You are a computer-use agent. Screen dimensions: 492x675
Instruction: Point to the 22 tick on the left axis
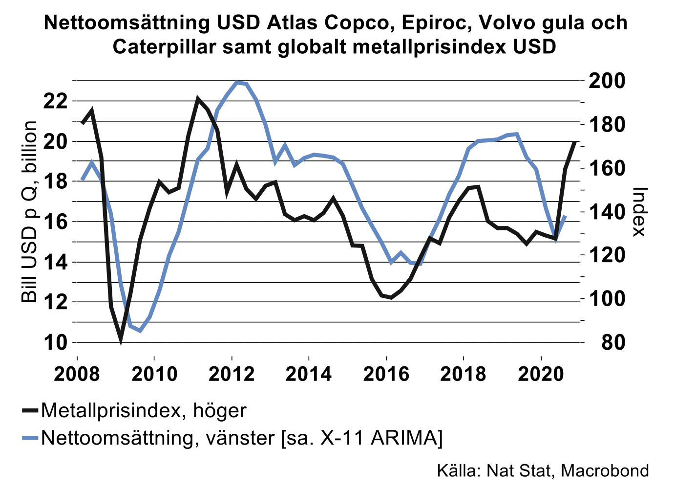[55, 101]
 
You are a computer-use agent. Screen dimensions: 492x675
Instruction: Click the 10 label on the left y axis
[55, 342]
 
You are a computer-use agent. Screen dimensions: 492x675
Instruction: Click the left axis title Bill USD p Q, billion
[29, 212]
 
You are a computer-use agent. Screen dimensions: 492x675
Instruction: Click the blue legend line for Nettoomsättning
[31, 438]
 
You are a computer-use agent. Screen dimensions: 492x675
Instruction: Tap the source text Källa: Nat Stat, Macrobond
[543, 470]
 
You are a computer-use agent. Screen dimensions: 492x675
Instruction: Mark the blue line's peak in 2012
[238, 82]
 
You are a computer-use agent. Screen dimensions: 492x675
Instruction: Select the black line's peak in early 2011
[198, 99]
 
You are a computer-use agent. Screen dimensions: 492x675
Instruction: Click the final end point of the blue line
[565, 216]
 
